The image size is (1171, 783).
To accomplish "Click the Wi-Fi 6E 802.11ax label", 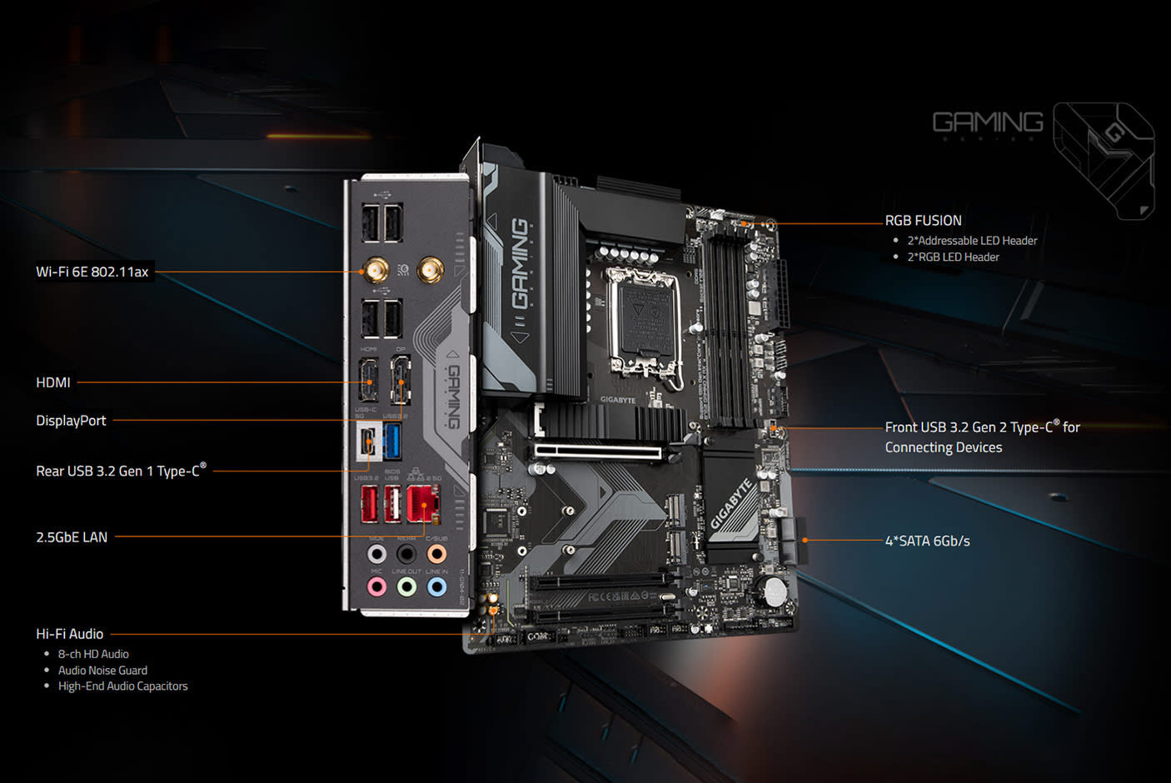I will click(x=92, y=272).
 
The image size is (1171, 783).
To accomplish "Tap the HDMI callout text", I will click(x=53, y=382).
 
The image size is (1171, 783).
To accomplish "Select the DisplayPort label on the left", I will click(x=71, y=421).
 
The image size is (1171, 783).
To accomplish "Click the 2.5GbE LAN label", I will click(x=72, y=537).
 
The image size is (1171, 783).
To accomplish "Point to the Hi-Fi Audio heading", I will click(x=70, y=634).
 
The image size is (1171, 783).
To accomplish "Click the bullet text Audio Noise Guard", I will click(x=102, y=671).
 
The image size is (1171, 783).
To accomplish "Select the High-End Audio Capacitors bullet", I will click(x=122, y=686).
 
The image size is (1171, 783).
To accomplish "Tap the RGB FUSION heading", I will click(x=923, y=221).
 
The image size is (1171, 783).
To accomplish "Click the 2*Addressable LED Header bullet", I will click(x=972, y=241).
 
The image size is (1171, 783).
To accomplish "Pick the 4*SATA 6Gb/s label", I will click(x=927, y=541).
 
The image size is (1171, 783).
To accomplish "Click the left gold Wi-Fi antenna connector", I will click(x=375, y=270).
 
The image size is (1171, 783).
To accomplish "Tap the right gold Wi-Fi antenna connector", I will click(x=430, y=269).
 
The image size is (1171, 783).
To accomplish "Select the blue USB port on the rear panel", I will click(x=392, y=441).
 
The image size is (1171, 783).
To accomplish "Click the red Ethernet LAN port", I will click(x=423, y=503).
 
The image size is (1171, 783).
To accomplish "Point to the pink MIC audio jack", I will click(x=376, y=586).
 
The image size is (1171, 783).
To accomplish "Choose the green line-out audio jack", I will click(x=406, y=586).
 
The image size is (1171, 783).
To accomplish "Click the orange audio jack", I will click(x=436, y=554).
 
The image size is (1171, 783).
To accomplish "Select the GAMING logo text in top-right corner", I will click(x=988, y=122).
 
